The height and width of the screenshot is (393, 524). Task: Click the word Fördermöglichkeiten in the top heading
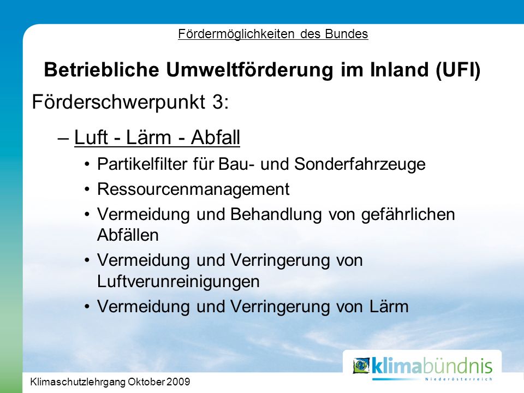(236, 34)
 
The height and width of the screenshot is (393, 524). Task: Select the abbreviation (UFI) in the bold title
(458, 70)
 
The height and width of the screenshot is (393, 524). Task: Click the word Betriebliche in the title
(102, 69)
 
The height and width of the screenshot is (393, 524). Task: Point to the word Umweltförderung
(249, 70)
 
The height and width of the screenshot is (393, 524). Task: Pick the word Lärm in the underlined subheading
(148, 138)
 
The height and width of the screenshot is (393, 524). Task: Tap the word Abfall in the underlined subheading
(216, 138)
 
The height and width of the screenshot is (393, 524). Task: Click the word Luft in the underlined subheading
(91, 138)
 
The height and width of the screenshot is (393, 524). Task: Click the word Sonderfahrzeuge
(360, 164)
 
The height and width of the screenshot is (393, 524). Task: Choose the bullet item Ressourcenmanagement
(193, 189)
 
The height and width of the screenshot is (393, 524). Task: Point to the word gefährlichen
(408, 215)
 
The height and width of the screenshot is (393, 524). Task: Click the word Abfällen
(128, 235)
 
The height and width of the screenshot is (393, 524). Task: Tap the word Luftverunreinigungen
(178, 282)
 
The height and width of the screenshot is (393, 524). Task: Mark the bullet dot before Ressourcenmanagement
(87, 189)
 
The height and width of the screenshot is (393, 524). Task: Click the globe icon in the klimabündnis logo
(361, 366)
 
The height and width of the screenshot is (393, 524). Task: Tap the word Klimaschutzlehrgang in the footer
(78, 382)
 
